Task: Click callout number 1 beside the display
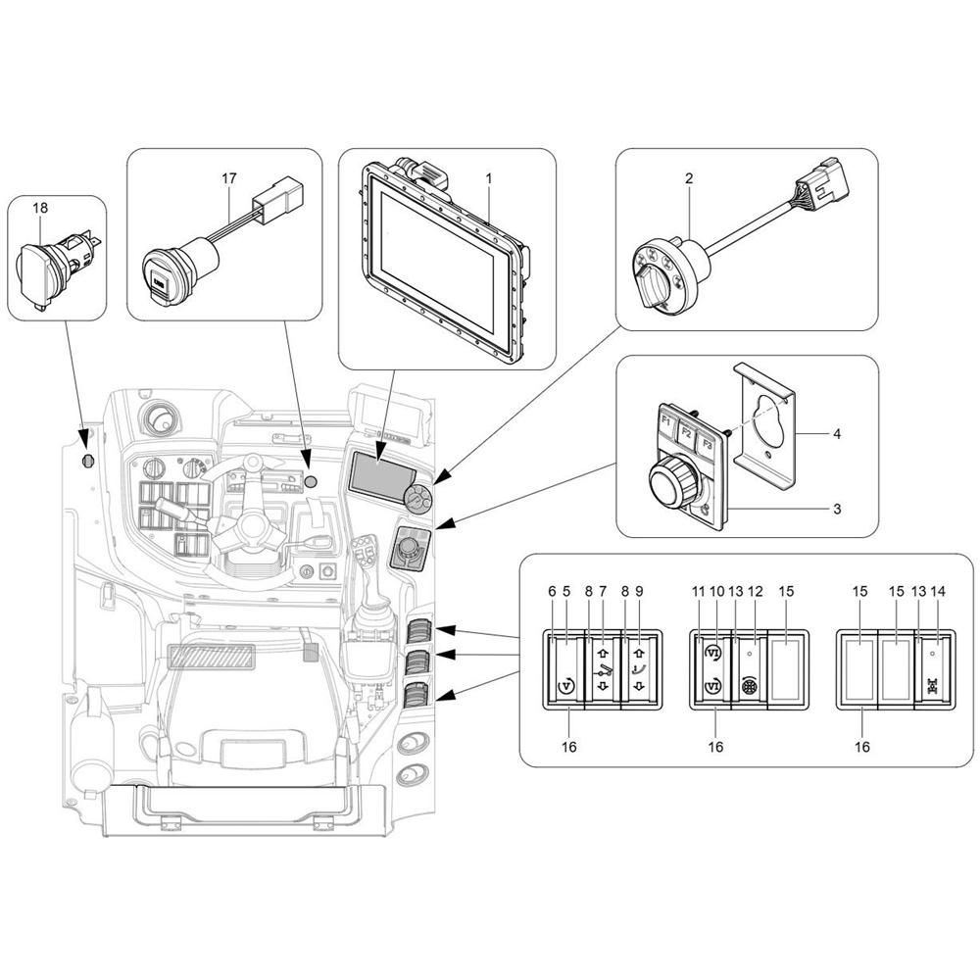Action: coord(489,178)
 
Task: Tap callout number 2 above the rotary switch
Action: coord(689,178)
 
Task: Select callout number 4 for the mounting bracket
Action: coord(837,433)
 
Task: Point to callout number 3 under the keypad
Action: coord(837,509)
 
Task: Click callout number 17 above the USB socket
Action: coord(229,178)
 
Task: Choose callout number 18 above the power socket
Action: coord(40,208)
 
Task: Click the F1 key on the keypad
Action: coord(666,422)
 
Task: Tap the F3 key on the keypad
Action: coord(707,444)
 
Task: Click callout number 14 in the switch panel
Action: coord(938,591)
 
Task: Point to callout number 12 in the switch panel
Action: coord(756,591)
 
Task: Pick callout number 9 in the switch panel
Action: coord(639,591)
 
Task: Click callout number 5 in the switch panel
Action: coord(566,591)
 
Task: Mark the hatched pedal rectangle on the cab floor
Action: coord(213,658)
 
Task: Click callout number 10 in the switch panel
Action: coord(717,591)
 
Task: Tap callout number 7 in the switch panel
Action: coord(603,591)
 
